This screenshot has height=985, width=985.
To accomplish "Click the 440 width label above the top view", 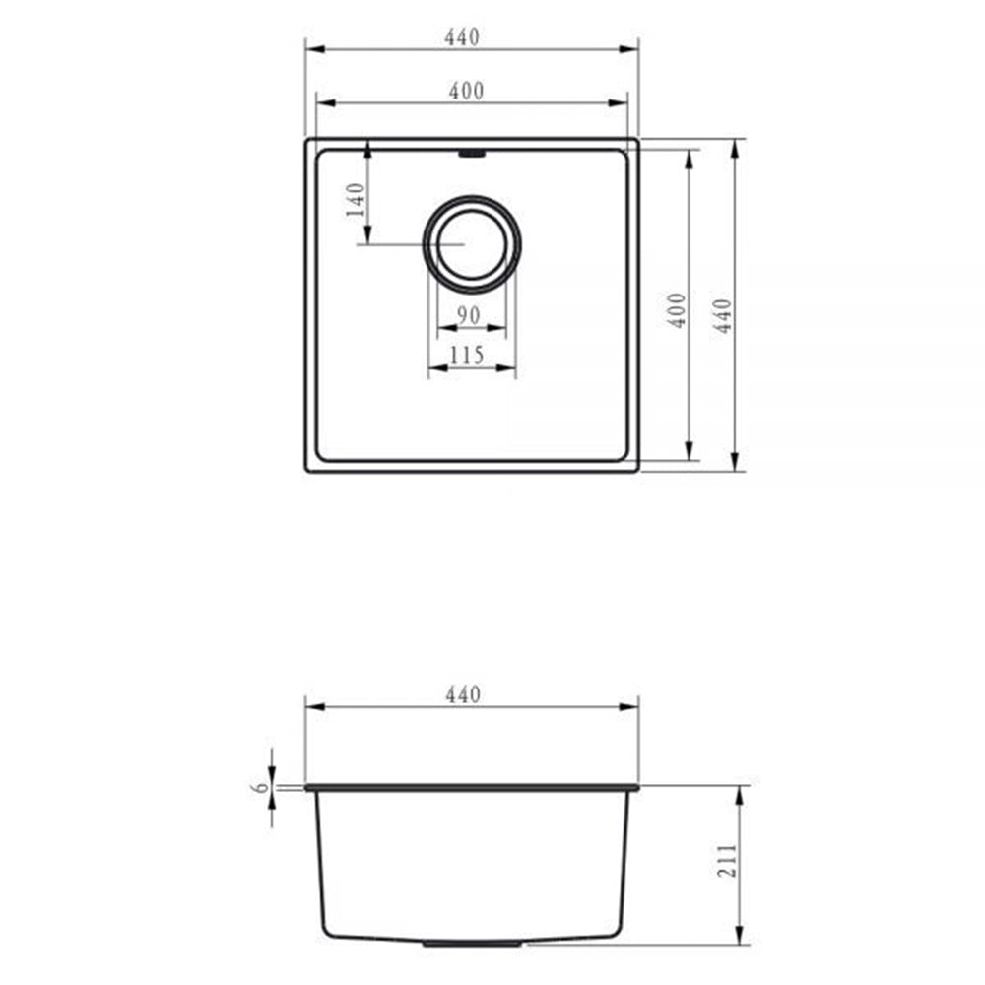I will tap(461, 37).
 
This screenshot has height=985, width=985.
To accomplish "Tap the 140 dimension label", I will tap(358, 200).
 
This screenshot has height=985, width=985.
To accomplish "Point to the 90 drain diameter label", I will tap(469, 315).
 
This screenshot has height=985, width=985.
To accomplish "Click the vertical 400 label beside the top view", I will tap(677, 311).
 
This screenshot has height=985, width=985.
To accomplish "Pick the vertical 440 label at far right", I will tap(724, 315).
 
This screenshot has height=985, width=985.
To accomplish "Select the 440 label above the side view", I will tap(461, 694).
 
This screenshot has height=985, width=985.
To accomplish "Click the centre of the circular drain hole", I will tap(471, 243).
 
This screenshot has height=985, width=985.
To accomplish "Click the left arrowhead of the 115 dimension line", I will tap(431, 369).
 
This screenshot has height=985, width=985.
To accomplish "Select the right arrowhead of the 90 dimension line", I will tap(502, 329).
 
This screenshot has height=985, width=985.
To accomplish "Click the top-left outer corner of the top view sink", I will tap(306, 140).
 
